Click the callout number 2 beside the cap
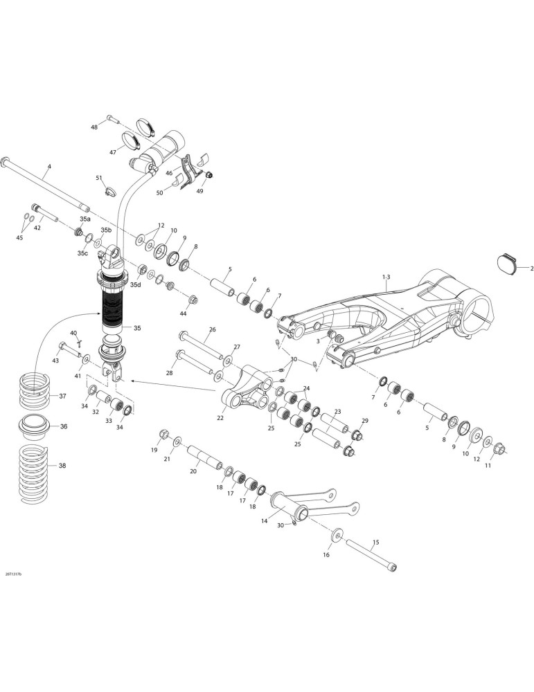[532, 268]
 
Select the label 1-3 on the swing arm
[386, 277]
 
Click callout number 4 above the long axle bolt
[49, 166]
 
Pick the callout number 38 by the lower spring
[62, 465]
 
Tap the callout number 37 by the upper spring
[62, 396]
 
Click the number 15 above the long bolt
[376, 542]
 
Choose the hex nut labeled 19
[163, 435]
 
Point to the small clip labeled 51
[109, 191]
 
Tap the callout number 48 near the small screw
[94, 127]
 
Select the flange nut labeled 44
[193, 300]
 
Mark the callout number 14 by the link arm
[264, 521]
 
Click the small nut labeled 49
[209, 175]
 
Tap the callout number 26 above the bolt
[213, 329]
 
